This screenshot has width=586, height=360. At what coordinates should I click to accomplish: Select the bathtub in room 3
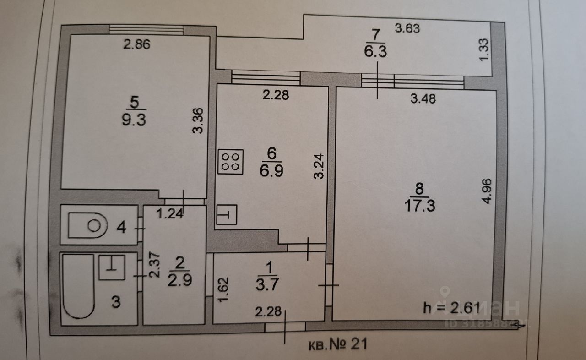[79, 286]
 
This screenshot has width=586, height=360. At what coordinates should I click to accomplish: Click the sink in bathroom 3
[112, 267]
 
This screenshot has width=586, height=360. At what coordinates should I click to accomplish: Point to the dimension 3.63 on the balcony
[407, 28]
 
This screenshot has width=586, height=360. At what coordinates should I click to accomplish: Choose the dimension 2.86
[137, 44]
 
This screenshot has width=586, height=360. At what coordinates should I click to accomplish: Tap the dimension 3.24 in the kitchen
[320, 165]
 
